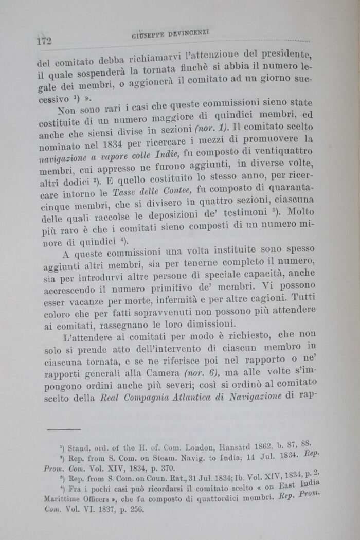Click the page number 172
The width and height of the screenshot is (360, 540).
(x=45, y=41)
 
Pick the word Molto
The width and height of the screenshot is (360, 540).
(x=297, y=210)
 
